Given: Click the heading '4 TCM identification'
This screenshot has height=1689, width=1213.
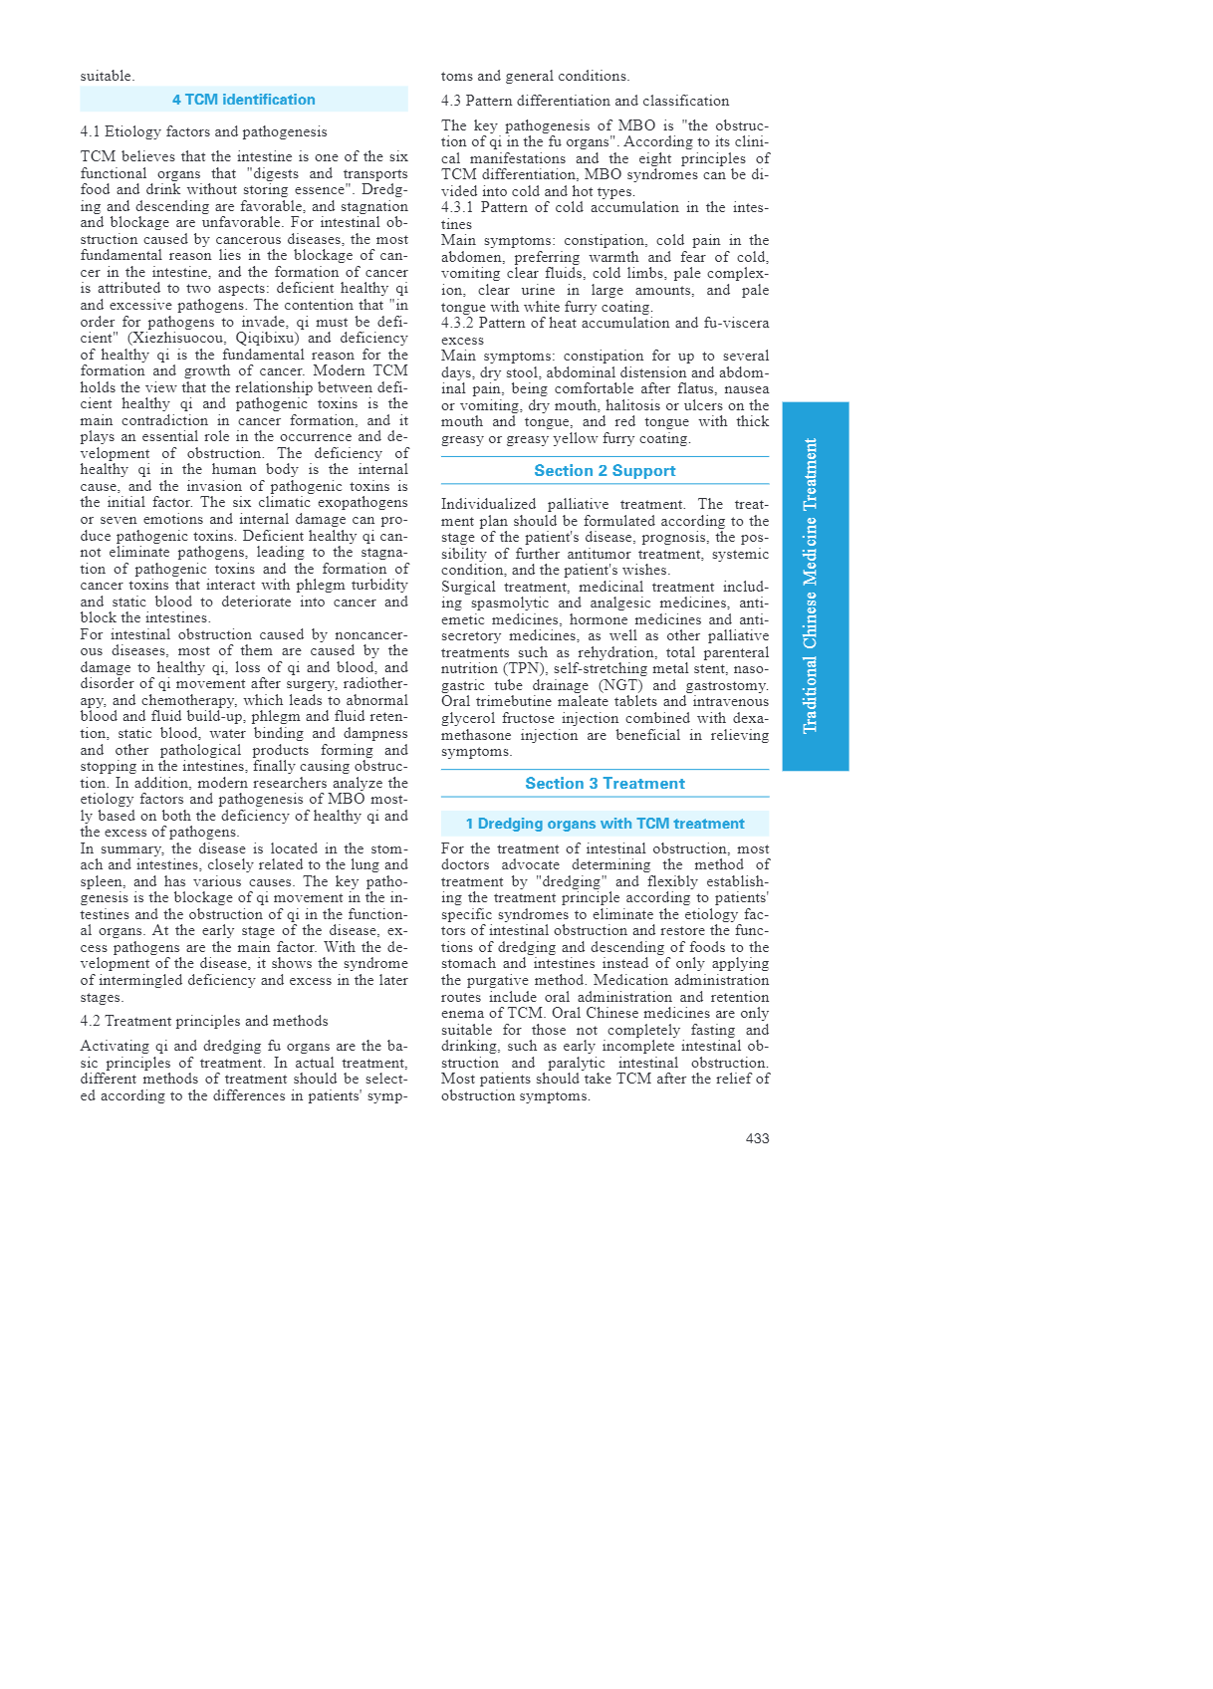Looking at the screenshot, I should point(243,100).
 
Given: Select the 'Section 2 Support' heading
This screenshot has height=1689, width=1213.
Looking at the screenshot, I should point(605,471).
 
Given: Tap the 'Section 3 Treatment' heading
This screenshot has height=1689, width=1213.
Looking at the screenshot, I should point(605,784).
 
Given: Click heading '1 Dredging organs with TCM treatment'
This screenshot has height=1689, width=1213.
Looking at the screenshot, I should point(605,824).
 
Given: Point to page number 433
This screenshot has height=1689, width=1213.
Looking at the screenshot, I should point(757,1138).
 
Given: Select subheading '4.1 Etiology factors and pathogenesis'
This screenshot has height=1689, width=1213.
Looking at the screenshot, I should point(203,131).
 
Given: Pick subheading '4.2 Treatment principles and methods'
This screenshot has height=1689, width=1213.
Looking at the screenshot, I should point(203,1021).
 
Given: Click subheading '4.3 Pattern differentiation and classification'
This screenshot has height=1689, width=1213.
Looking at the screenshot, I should point(585,101).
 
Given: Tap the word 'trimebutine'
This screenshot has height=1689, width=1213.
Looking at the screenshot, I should point(517,702).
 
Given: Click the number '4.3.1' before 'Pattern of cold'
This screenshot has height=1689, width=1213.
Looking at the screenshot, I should point(457,207).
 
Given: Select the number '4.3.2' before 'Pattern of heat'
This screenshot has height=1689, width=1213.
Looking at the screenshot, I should point(457,323).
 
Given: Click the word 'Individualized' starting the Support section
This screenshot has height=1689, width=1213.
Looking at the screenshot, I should point(487,505).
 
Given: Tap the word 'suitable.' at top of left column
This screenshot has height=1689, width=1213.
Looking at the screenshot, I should point(107,76).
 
